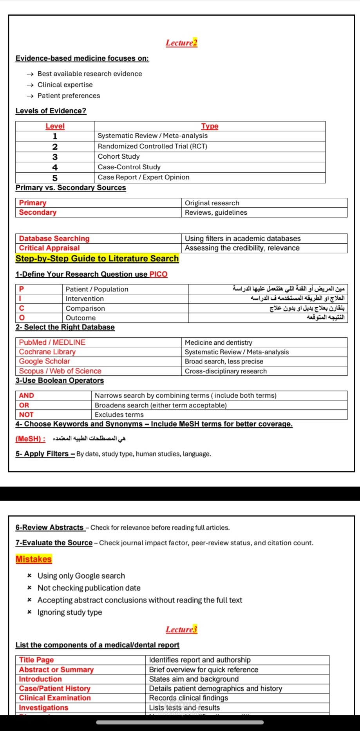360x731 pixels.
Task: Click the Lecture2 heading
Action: pos(181,43)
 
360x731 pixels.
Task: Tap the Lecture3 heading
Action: pos(181,629)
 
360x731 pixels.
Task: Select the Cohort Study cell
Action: pos(119,156)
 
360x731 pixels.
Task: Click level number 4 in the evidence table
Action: pos(55,167)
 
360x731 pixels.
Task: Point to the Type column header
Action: pos(210,126)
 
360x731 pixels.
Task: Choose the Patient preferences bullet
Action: pos(69,96)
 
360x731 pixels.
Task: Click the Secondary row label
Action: pos(38,212)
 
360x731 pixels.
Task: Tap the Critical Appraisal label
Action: pos(49,248)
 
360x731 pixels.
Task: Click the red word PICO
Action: pos(158,274)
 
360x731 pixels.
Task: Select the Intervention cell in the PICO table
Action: pos(85,299)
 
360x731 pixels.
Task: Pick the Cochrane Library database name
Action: pos(47,352)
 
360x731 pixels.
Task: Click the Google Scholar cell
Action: pos(45,361)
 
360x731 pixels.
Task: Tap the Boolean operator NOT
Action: pos(26,414)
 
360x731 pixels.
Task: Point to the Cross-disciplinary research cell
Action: pos(226,371)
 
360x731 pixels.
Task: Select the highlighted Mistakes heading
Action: pos(34,559)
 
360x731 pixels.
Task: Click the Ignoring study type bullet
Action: pos(70,612)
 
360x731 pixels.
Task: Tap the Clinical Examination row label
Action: pos(55,698)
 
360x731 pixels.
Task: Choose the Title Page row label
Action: pos(36,660)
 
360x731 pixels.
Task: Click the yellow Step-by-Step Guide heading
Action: pos(97,259)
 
